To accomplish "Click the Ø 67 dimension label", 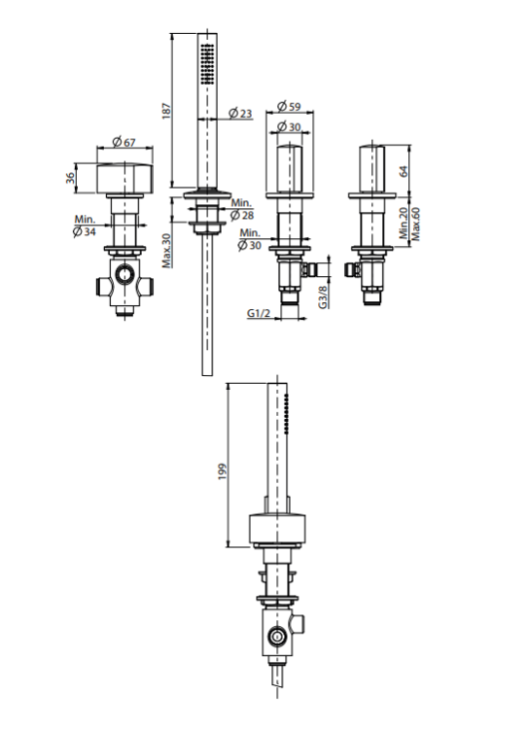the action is (124, 141).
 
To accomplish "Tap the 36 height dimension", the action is (70, 177).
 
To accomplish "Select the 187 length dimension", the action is (166, 111).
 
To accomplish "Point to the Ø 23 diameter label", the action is (240, 113).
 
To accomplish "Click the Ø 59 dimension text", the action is (289, 106).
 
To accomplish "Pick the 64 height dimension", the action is (403, 171).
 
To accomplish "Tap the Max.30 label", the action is (166, 250).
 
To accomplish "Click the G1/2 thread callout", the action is (259, 313).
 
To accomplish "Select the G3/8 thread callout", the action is (323, 296).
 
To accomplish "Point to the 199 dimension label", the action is (223, 471).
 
